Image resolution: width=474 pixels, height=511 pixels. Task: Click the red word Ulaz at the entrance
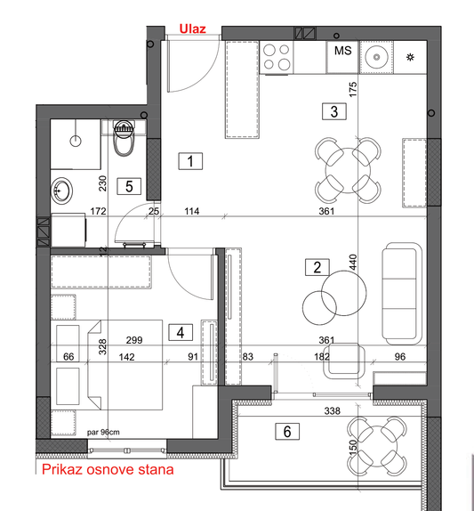[x=192, y=29]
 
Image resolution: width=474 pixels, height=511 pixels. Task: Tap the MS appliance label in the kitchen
[x=342, y=51]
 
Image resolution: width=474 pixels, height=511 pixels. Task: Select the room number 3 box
[x=334, y=111]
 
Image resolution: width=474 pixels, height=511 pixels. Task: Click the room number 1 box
[x=190, y=161]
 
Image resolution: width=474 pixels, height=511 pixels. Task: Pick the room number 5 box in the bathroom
[x=129, y=186]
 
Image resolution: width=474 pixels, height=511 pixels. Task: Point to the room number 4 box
[x=181, y=332]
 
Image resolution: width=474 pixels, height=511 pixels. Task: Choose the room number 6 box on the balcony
[x=287, y=431]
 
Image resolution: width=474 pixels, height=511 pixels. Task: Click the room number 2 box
[x=317, y=267]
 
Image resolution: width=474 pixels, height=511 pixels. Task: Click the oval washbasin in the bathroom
[x=61, y=191]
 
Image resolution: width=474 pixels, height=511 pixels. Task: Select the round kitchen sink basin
[x=377, y=57]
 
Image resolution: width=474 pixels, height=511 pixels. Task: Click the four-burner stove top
[x=277, y=57]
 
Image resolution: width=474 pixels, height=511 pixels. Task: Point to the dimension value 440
[x=352, y=262]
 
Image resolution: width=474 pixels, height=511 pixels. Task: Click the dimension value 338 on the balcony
[x=332, y=411]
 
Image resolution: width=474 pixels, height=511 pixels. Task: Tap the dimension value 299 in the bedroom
[x=134, y=340]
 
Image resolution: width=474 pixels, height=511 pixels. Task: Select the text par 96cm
[x=103, y=433]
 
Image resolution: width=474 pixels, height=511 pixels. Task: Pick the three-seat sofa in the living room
[x=402, y=293]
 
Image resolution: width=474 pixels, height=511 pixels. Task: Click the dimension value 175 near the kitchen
[x=352, y=89]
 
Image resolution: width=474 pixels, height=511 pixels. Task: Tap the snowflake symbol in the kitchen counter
[x=410, y=57]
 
